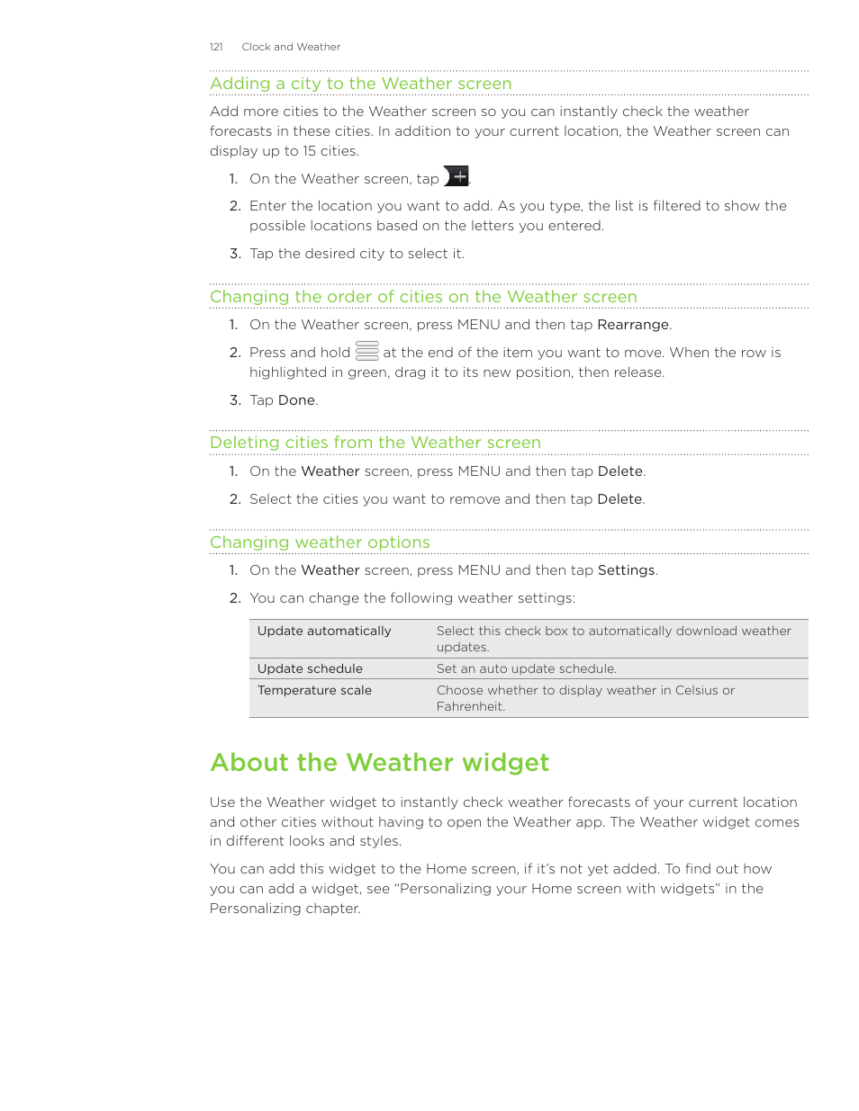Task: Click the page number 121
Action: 216,47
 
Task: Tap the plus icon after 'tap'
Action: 457,177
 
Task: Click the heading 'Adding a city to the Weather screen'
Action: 360,84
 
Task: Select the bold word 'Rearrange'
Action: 633,325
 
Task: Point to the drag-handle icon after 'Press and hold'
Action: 367,351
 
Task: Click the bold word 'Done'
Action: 296,400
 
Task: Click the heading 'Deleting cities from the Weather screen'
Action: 375,443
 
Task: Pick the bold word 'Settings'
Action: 626,570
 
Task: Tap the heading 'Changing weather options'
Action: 320,542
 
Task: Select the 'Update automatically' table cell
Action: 324,632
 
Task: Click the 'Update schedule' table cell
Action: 310,669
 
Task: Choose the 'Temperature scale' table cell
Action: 314,691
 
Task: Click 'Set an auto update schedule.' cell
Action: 526,669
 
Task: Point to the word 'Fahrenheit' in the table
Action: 470,707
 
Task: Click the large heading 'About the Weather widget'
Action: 379,763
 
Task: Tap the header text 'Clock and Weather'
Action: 291,47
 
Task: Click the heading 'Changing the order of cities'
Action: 423,297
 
